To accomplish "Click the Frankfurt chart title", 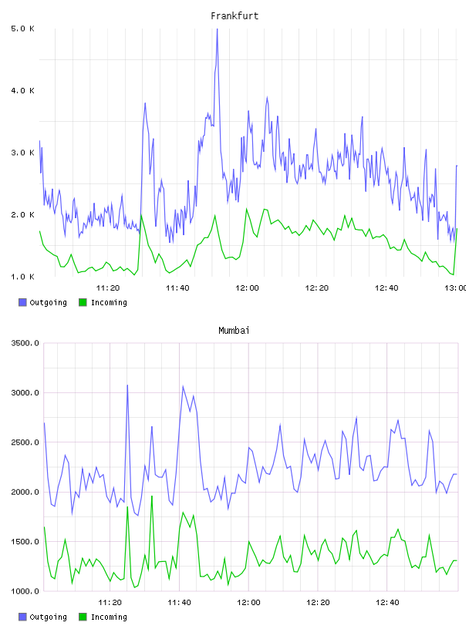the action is coord(235,16).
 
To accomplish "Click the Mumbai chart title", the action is coord(234,331).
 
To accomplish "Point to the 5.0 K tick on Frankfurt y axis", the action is coord(22,29).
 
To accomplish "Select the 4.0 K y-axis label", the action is coord(22,91).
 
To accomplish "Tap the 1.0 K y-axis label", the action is coord(22,277).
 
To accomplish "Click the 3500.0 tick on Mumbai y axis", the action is coord(25,343).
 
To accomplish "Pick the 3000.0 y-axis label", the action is coord(25,392).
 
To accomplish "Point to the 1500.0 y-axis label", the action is coord(25,542).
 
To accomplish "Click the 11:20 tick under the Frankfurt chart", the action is coord(108,288).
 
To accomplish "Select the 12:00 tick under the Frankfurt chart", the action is coord(247,288).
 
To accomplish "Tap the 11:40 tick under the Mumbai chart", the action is coord(179,603).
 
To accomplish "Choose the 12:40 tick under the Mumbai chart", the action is coord(387,603).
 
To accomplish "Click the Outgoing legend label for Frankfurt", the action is coord(48,302).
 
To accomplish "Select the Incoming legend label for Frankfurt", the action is coord(109,302).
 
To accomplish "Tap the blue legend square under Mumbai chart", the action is coord(22,617).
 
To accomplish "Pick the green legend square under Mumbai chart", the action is coord(83,617).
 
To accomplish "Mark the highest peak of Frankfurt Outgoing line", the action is coord(218,29).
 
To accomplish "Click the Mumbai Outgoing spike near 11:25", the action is coord(127,385).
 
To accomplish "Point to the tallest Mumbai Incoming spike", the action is coord(152,496).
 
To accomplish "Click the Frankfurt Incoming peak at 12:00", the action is coord(247,209).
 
